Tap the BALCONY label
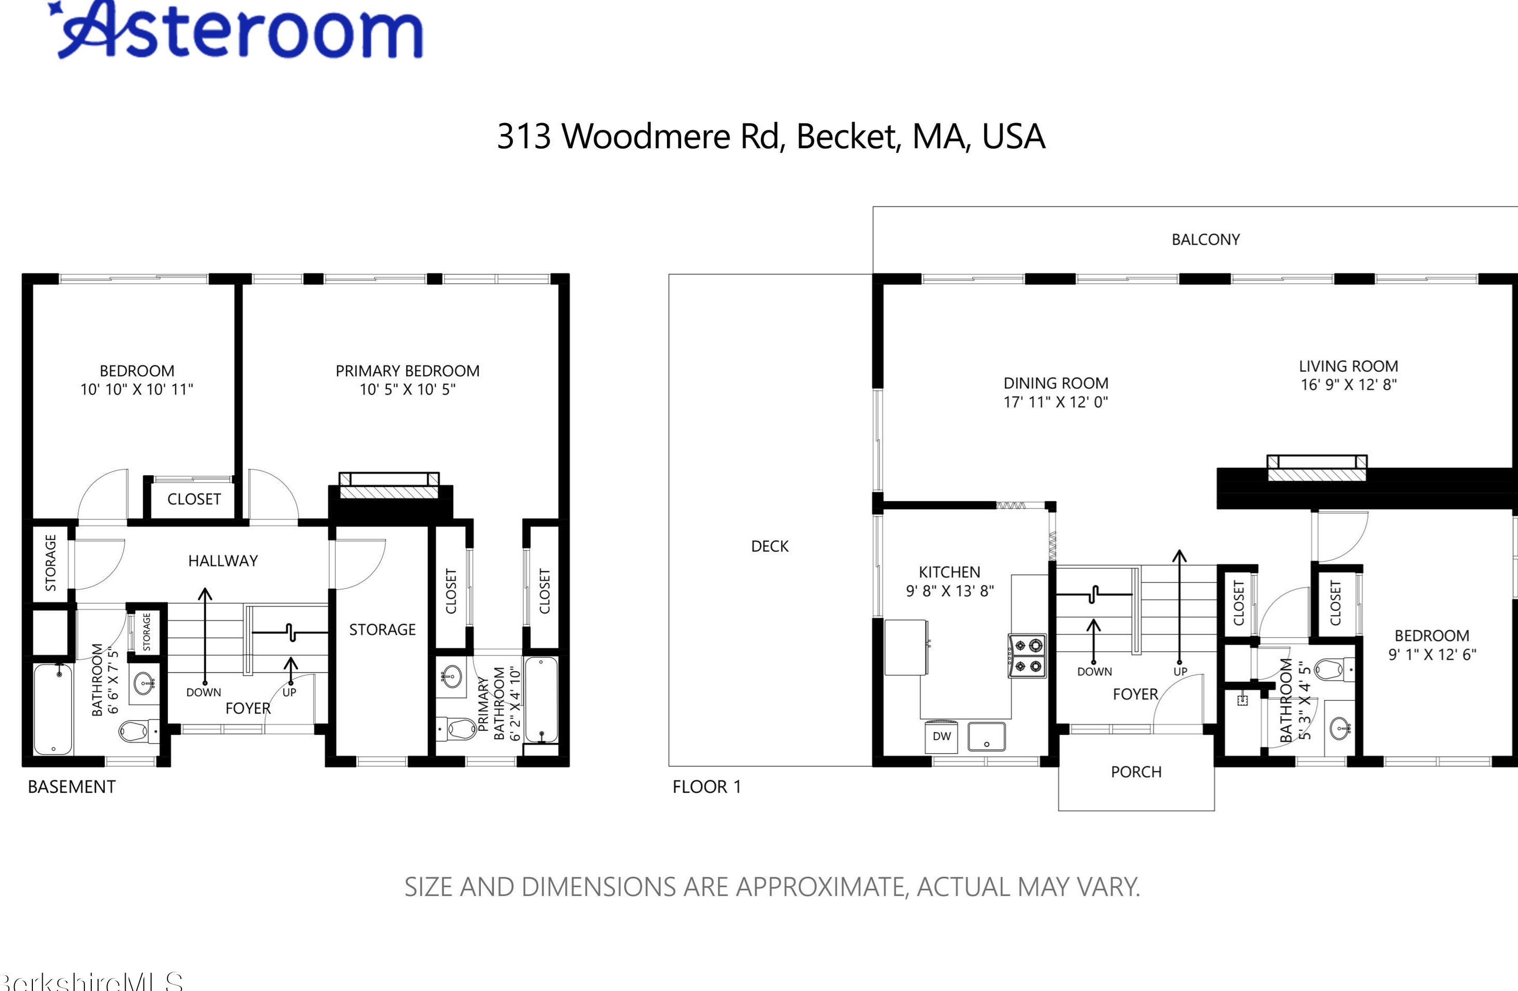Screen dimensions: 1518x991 pyautogui.click(x=1206, y=239)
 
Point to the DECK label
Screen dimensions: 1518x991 pyautogui.click(x=770, y=546)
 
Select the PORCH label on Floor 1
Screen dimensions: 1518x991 pyautogui.click(x=1136, y=772)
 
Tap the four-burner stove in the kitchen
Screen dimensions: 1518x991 pyautogui.click(x=1027, y=655)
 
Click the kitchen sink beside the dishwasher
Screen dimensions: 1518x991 pyautogui.click(x=987, y=736)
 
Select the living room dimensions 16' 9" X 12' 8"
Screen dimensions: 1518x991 pyautogui.click(x=1349, y=384)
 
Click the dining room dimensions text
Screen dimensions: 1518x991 pyautogui.click(x=1055, y=402)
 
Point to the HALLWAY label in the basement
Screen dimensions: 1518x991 pyautogui.click(x=223, y=561)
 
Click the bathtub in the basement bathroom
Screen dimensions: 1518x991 pyautogui.click(x=53, y=709)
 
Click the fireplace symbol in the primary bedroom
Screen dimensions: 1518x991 pyautogui.click(x=389, y=486)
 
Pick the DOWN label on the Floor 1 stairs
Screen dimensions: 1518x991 pyautogui.click(x=1095, y=671)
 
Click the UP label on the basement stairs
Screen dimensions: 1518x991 pyautogui.click(x=289, y=692)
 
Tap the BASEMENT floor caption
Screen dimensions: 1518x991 pyautogui.click(x=71, y=787)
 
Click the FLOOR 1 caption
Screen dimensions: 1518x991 pyautogui.click(x=707, y=787)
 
